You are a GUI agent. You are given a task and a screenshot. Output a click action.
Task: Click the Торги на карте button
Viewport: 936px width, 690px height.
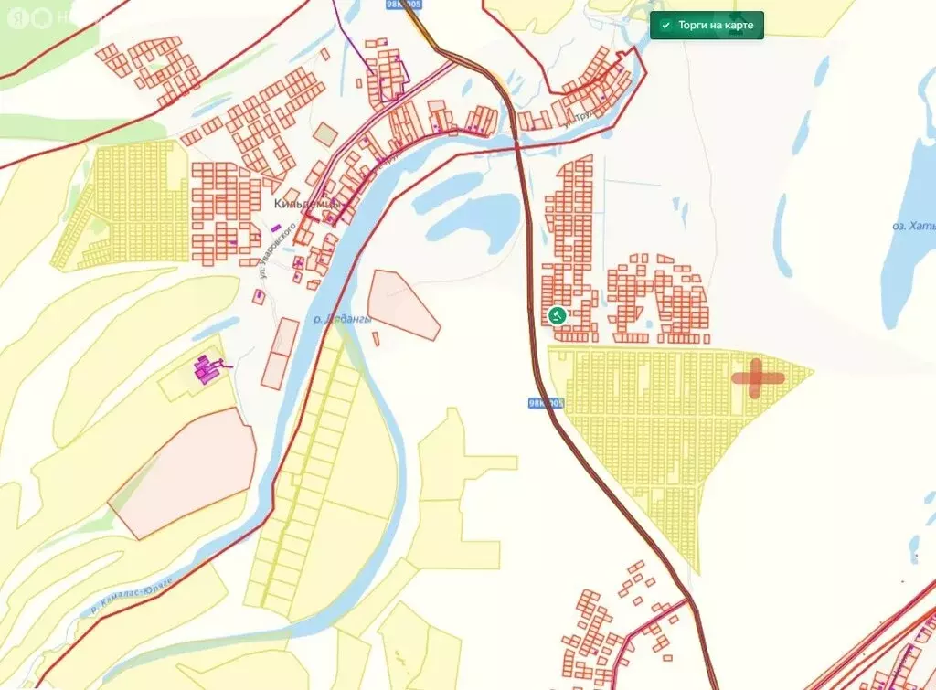[707, 25]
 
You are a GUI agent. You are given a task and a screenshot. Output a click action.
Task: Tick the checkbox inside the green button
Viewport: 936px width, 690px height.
[666, 26]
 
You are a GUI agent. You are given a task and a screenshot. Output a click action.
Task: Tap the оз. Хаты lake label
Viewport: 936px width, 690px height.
[913, 226]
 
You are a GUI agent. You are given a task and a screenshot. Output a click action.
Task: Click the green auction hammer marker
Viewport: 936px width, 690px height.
[556, 315]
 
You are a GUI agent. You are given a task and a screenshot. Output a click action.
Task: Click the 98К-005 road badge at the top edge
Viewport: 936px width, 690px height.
[403, 5]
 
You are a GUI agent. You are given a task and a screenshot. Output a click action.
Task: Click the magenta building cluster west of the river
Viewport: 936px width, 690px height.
[207, 369]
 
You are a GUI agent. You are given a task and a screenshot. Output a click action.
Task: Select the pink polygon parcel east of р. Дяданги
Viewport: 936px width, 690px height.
[402, 305]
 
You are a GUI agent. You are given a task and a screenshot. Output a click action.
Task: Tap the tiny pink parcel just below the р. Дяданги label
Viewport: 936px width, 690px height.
[376, 339]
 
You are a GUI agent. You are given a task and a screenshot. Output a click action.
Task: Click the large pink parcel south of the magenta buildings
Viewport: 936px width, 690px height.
[183, 475]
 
